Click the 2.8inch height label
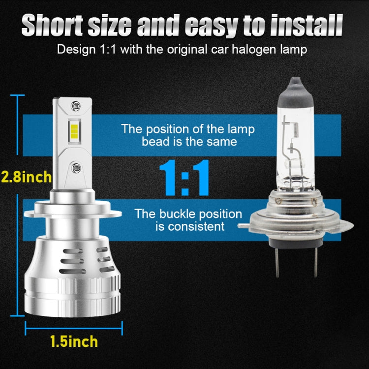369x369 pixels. click(x=26, y=176)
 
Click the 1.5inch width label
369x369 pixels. click(x=74, y=341)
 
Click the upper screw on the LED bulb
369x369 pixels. click(x=75, y=106)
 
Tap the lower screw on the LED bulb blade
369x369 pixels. click(x=75, y=168)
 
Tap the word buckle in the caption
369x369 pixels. click(x=190, y=214)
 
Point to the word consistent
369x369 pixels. click(x=197, y=226)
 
